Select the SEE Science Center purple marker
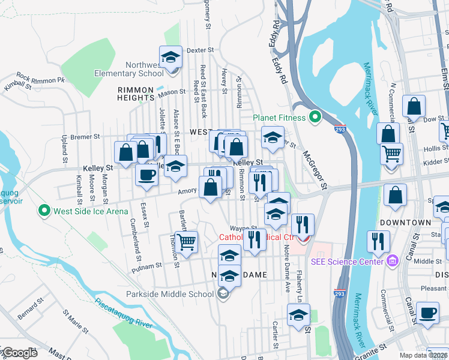pyautogui.click(x=393, y=261)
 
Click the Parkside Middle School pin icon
pyautogui.click(x=223, y=293)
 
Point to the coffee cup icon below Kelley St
pyautogui.click(x=146, y=176)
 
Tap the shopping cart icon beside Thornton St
pyautogui.click(x=187, y=242)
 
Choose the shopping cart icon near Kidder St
pyautogui.click(x=391, y=154)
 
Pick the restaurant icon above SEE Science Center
pyautogui.click(x=378, y=241)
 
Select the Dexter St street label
pyautogui.click(x=200, y=50)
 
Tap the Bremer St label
pyautogui.click(x=85, y=137)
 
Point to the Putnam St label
pyautogui.click(x=150, y=265)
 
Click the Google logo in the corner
pyautogui.click(x=19, y=353)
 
